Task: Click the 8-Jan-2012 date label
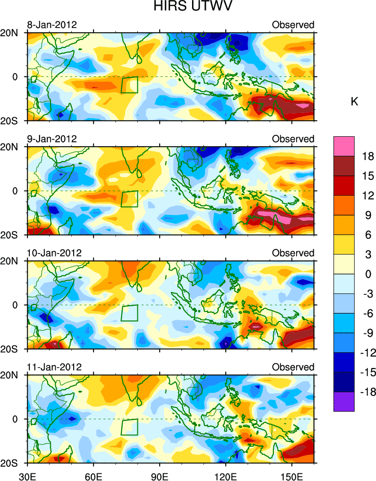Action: pos(52,25)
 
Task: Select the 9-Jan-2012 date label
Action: pos(52,139)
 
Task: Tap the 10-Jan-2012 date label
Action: pos(54,253)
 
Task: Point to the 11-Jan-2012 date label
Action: pos(54,367)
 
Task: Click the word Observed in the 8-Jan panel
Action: pos(293,25)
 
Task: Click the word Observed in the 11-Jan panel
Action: pos(293,367)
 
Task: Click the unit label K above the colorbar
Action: pos(354,102)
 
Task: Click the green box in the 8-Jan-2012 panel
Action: pos(129,85)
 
